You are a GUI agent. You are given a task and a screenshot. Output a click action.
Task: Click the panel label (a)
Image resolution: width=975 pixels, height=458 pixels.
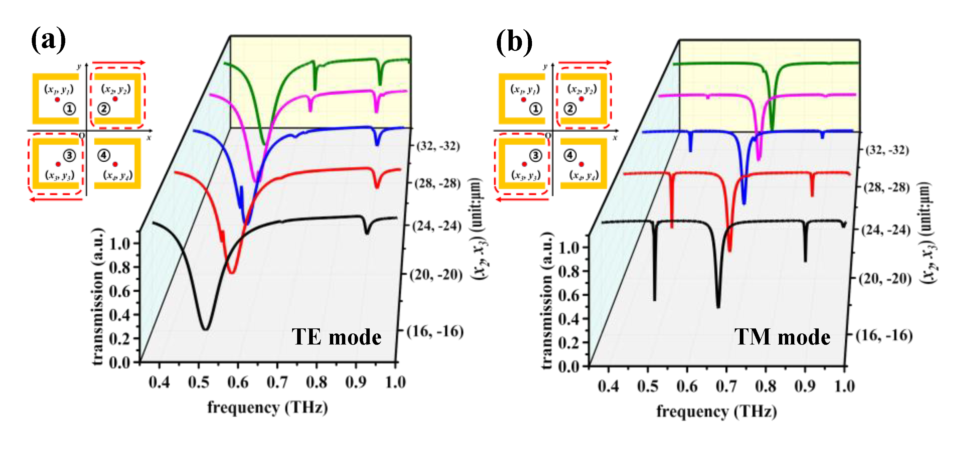(x=48, y=40)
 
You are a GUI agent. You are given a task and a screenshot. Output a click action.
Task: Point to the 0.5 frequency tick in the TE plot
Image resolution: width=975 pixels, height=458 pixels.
(x=198, y=382)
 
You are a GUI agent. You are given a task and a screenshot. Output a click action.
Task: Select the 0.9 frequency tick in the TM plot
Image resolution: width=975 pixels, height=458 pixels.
(x=805, y=386)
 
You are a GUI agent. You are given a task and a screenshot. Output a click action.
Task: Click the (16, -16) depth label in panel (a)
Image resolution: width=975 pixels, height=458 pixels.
(x=435, y=331)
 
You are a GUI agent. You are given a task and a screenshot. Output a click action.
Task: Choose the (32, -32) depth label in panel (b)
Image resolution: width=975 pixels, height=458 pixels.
(x=887, y=150)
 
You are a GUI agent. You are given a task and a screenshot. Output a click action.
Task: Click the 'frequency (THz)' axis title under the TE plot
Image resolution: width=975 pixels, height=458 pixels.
(x=267, y=408)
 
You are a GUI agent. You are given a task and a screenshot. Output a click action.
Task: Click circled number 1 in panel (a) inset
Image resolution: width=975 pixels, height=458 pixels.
(x=69, y=109)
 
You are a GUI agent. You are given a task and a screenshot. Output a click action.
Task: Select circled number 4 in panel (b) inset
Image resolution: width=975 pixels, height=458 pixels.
(x=570, y=155)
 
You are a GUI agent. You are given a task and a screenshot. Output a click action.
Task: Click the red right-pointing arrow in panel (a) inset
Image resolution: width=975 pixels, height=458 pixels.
(x=119, y=63)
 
